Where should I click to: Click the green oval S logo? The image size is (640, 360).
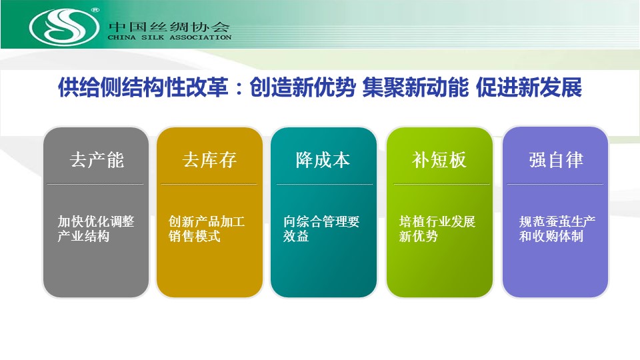tap(64, 27)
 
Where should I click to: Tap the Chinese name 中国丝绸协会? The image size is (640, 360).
tap(169, 27)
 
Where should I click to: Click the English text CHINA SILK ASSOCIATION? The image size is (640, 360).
tap(169, 37)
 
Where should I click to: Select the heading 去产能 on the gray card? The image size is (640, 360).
tap(97, 159)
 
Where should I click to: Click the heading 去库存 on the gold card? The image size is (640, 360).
tap(209, 159)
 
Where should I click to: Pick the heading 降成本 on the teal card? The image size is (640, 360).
tap(323, 159)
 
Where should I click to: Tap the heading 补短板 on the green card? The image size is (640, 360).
tap(439, 159)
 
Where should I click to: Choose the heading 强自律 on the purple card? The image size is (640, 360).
tap(556, 159)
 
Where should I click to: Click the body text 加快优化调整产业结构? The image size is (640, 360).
tap(95, 229)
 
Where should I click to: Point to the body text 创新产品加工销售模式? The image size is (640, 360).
tap(207, 229)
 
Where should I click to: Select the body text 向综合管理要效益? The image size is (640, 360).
tap(321, 229)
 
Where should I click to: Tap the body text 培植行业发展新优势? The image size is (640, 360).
tap(437, 229)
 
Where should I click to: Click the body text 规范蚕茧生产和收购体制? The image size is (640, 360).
tap(557, 229)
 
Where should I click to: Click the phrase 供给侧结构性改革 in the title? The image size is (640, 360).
tap(143, 87)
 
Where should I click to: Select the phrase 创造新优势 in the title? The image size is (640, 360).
tap(303, 87)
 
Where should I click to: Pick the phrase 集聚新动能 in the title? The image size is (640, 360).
tap(415, 87)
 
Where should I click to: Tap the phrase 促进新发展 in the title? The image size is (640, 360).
tap(529, 87)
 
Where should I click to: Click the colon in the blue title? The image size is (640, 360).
tap(239, 89)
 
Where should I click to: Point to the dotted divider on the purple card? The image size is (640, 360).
tap(555, 184)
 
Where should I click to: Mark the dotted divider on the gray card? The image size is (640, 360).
tap(95, 184)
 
